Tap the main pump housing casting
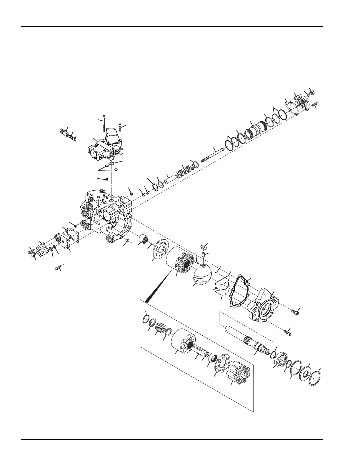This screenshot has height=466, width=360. pos(106,215)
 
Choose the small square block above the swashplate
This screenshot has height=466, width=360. pos(202,246)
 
